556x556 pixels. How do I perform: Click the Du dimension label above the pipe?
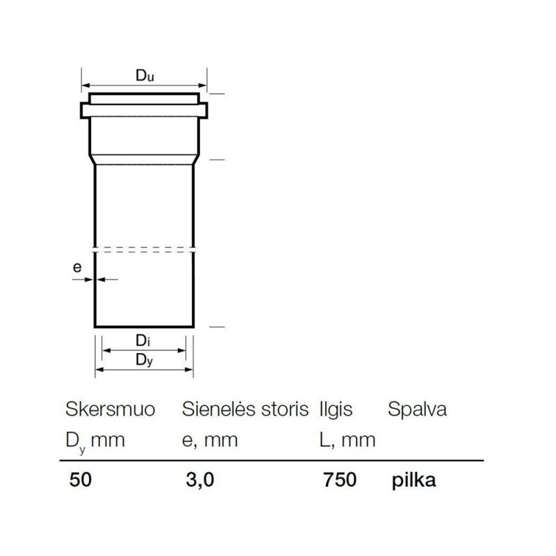(x=145, y=76)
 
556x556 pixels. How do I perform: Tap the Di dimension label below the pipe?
(x=143, y=341)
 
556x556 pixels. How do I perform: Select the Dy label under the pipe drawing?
(x=145, y=360)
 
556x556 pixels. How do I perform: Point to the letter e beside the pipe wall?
(x=77, y=267)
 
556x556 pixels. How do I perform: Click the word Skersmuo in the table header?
(x=111, y=409)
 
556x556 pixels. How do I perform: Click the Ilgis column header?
(x=336, y=410)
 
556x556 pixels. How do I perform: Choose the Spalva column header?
(x=417, y=410)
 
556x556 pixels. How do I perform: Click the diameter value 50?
(x=81, y=480)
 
